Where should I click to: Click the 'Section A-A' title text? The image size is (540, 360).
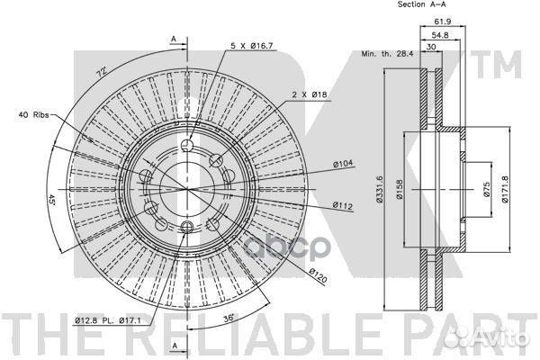click(x=421, y=4)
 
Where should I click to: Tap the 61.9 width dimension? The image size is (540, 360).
click(x=443, y=22)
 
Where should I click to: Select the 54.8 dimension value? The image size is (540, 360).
click(x=440, y=35)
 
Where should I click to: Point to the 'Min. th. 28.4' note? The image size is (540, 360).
click(x=387, y=54)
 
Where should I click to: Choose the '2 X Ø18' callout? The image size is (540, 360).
click(x=310, y=94)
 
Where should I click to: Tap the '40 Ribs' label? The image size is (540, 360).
click(x=33, y=114)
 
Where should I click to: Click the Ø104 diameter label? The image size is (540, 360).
click(x=343, y=164)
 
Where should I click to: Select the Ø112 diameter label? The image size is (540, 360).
click(x=343, y=206)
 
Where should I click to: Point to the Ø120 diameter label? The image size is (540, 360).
click(x=318, y=275)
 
